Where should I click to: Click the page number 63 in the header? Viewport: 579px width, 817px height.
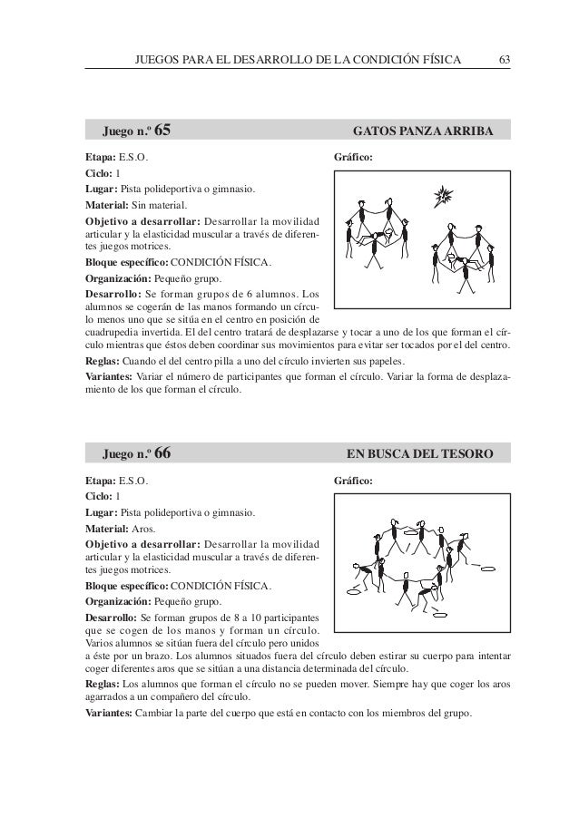tap(505, 61)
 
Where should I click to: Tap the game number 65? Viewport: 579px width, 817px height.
tap(163, 133)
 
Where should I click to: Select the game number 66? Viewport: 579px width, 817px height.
tap(163, 452)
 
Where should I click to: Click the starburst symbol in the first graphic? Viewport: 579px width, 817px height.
tap(444, 197)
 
